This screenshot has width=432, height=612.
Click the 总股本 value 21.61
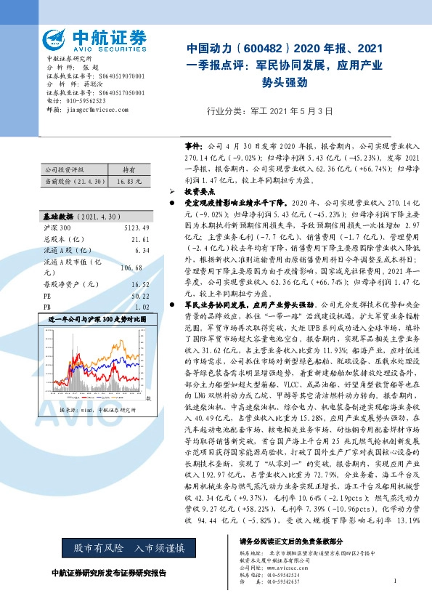(x=141, y=238)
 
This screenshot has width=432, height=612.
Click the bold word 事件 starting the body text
(x=192, y=145)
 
